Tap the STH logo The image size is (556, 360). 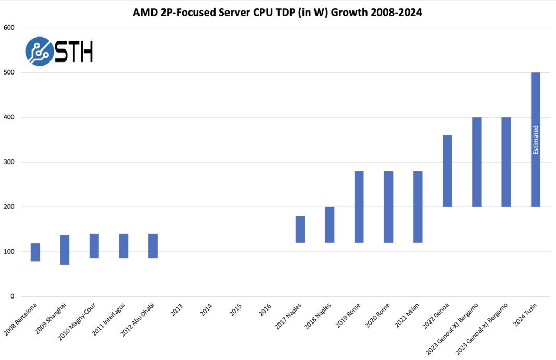tap(59, 51)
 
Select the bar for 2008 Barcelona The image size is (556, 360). tap(35, 252)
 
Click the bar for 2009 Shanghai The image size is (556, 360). tap(65, 250)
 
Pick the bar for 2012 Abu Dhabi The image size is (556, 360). tap(153, 246)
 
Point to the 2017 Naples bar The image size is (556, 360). tap(300, 229)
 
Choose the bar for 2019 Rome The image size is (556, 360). tap(359, 207)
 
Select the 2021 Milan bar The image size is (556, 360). tap(418, 207)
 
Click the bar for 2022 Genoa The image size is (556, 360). tap(447, 171)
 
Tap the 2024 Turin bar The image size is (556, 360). tap(535, 140)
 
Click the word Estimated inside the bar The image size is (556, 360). tap(535, 140)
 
